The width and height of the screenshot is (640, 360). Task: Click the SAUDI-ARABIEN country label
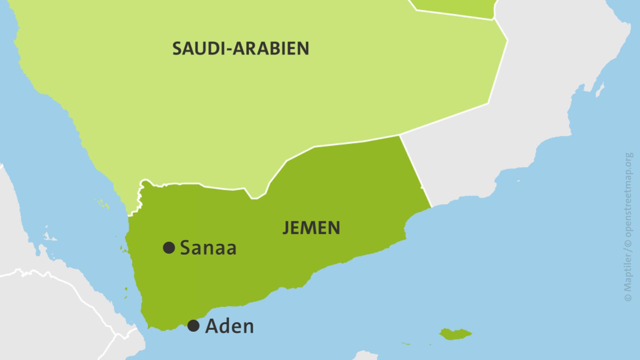point(241,49)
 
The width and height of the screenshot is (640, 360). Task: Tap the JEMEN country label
point(311,228)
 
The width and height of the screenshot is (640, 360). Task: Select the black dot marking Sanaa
point(169,248)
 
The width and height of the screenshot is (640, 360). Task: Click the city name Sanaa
point(208,248)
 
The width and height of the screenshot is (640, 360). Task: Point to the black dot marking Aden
point(193,326)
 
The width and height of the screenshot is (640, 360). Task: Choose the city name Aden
point(229,326)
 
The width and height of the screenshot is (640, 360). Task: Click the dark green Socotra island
point(455,334)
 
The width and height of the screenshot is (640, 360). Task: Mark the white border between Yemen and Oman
point(415,170)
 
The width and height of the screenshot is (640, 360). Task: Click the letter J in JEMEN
point(286,228)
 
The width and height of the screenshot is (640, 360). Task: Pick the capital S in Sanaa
point(185,248)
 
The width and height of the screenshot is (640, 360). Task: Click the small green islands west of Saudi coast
point(102,202)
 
